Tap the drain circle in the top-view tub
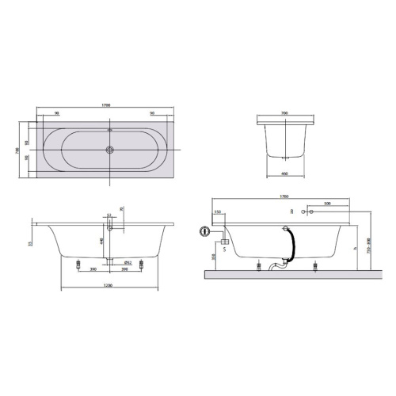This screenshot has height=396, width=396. tap(109, 148)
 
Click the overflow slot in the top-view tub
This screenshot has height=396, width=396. tap(109, 130)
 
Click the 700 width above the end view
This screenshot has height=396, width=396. tap(284, 113)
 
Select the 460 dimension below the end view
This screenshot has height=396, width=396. tap(284, 177)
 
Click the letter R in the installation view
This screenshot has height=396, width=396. tap(291, 212)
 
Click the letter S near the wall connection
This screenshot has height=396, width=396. tap(224, 249)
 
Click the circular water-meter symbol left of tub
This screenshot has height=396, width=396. tap(206, 234)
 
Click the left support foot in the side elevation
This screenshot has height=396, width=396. tap(79, 263)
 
